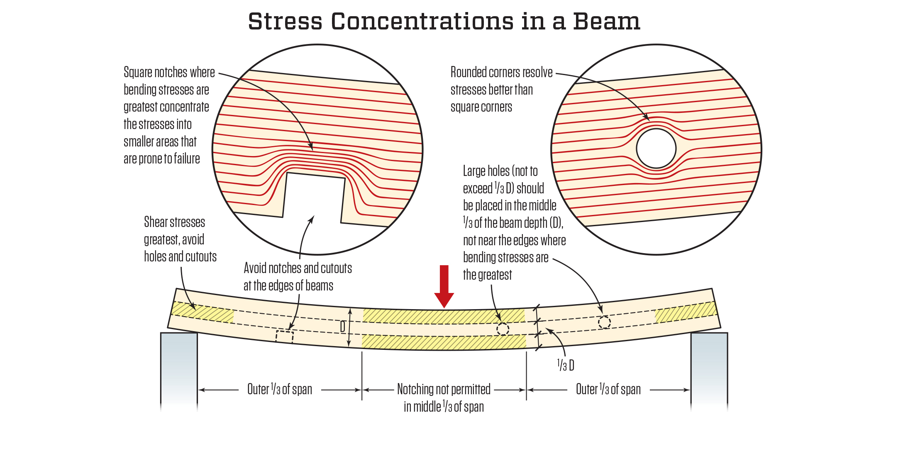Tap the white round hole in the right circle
[656, 149]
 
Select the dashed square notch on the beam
[285, 336]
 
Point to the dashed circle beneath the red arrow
[503, 329]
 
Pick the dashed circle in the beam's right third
[604, 322]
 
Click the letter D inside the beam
[343, 327]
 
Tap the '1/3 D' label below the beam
[566, 366]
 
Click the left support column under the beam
[179, 369]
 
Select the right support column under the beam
[709, 369]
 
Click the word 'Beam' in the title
[606, 22]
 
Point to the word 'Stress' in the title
[285, 22]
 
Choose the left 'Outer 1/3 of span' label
[280, 389]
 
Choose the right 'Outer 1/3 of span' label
[608, 389]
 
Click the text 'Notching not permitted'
[444, 389]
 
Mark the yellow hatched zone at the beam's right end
[686, 312]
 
